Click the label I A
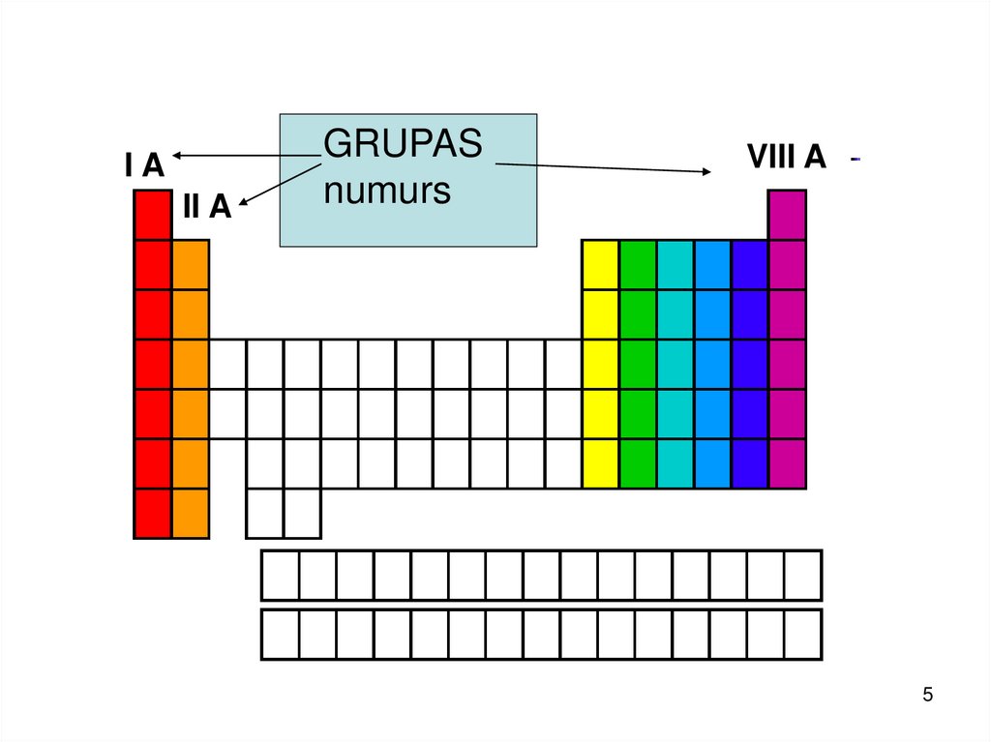point(144,165)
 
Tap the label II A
point(207,206)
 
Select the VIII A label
point(786,157)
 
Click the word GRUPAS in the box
point(403,144)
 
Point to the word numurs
point(387,192)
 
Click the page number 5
point(928,695)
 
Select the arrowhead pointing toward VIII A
point(706,171)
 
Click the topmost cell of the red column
point(153,215)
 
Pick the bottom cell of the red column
point(153,513)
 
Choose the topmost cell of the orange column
point(191,264)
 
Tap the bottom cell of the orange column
point(191,513)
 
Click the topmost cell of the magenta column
point(787,215)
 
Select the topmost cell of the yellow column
point(599,264)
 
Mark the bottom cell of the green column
point(637,463)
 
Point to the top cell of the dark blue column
point(749,264)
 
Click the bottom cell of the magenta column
point(787,463)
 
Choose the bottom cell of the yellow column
point(599,463)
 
